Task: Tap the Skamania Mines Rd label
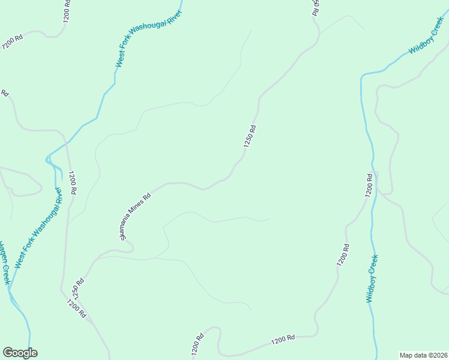click(134, 216)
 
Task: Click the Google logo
click(20, 353)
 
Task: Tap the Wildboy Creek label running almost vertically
click(372, 278)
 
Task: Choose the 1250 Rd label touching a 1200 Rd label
click(77, 289)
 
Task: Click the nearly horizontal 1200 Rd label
click(282, 340)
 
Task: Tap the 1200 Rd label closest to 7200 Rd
click(66, 12)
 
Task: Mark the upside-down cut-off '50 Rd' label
click(316, 7)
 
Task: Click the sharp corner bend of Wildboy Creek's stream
click(362, 77)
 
